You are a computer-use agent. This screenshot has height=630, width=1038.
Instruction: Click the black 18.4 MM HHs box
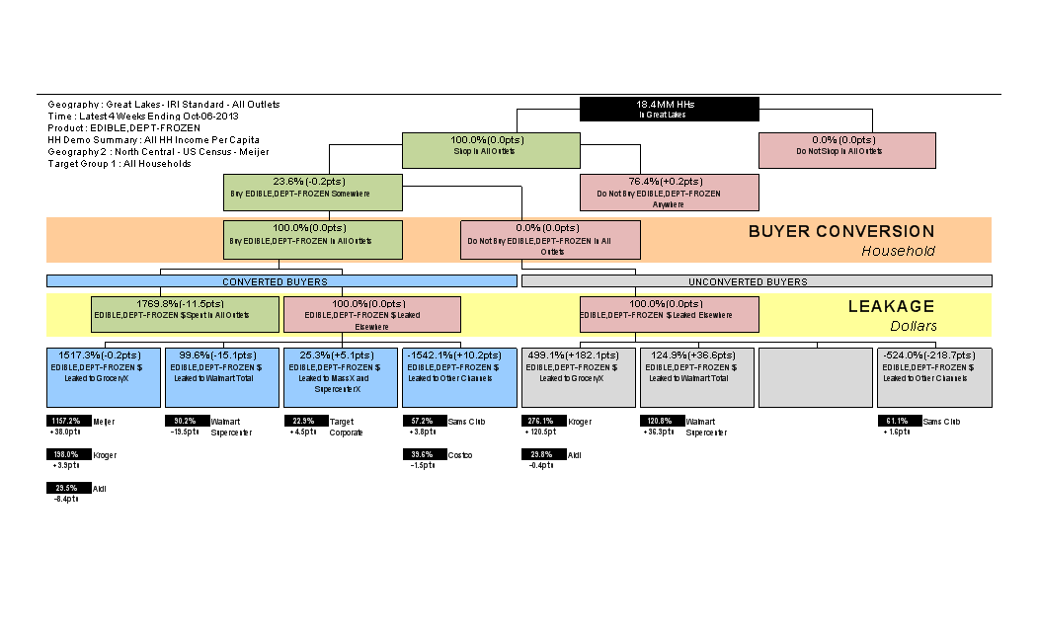point(669,109)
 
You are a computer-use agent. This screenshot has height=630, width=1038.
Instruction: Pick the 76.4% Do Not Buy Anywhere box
point(669,192)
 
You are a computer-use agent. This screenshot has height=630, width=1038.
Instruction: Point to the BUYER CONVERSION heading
point(840,232)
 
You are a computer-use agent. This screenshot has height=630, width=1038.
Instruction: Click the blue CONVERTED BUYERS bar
point(281,281)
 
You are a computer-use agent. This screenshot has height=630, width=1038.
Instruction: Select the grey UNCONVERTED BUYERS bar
point(757,281)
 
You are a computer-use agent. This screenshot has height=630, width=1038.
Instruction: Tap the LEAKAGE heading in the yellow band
point(891,307)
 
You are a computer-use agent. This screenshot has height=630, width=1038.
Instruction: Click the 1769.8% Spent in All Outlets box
point(186,314)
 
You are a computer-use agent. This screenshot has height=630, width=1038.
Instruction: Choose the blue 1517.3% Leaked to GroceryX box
point(104,376)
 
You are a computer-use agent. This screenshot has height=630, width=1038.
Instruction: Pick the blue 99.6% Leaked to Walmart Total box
point(222,376)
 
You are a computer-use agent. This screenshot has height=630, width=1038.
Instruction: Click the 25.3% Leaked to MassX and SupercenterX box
point(341,376)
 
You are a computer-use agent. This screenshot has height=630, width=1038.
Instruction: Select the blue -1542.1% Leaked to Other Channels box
point(459,376)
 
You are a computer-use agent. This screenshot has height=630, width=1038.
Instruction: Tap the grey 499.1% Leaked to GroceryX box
point(578,376)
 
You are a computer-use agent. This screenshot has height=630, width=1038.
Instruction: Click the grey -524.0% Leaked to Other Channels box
point(934,376)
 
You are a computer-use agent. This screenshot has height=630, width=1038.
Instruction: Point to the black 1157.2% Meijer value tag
point(67,422)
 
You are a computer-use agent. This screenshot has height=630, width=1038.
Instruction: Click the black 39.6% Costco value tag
point(423,455)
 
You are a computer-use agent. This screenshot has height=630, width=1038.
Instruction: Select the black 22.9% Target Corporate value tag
point(304,422)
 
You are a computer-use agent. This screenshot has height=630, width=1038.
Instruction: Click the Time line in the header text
point(142,116)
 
